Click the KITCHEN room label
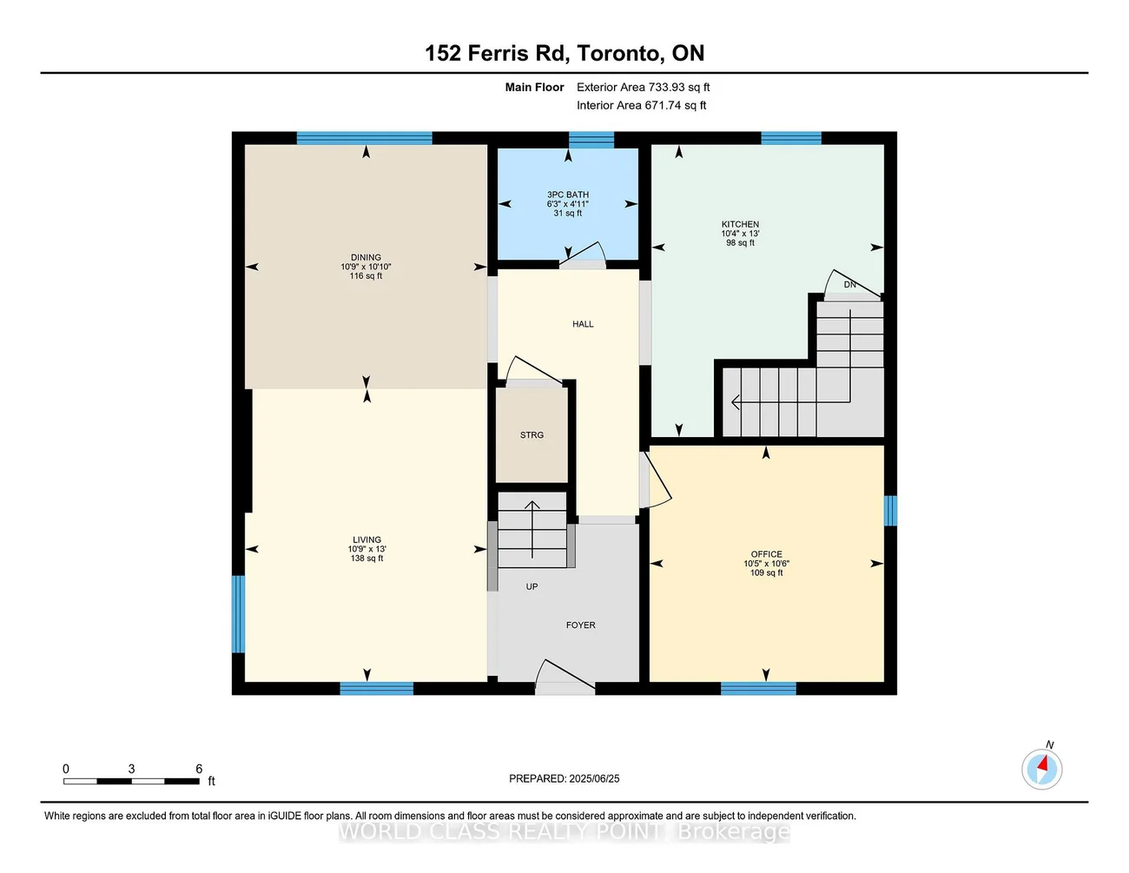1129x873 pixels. coord(740,224)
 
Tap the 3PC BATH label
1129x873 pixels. coord(567,195)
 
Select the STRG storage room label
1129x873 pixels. coord(531,435)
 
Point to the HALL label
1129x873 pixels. coord(583,324)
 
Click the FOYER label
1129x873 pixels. coord(580,625)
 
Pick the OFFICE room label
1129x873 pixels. coord(766,554)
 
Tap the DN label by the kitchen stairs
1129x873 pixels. coord(849,285)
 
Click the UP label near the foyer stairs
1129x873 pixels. coord(531,586)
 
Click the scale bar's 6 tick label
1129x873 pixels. coord(199,769)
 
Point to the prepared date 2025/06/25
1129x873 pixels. coord(594,778)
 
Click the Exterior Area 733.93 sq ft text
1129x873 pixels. coord(643,87)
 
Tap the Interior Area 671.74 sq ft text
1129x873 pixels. coord(641,105)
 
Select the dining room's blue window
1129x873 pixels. coord(364,138)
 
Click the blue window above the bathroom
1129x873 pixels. coord(591,141)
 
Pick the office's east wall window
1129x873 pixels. coord(890,511)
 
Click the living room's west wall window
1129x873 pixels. coord(238,613)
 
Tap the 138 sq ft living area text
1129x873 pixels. coord(366,559)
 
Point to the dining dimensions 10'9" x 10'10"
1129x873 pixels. coord(366,267)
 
